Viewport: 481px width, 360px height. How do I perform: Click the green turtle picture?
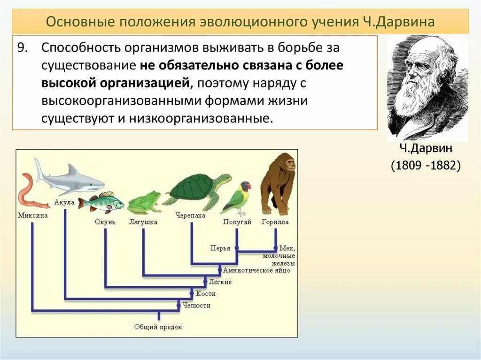tap(197, 190)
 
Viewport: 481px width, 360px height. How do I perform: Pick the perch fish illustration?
tap(101, 202)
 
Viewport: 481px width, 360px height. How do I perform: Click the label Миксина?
tap(32, 215)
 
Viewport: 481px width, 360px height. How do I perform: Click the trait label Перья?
tap(220, 248)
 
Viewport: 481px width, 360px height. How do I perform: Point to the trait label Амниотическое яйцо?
tap(256, 270)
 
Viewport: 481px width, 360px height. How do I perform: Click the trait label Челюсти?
tap(196, 306)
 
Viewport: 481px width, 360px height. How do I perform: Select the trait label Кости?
tap(206, 294)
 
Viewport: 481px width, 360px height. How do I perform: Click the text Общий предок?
tap(158, 327)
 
